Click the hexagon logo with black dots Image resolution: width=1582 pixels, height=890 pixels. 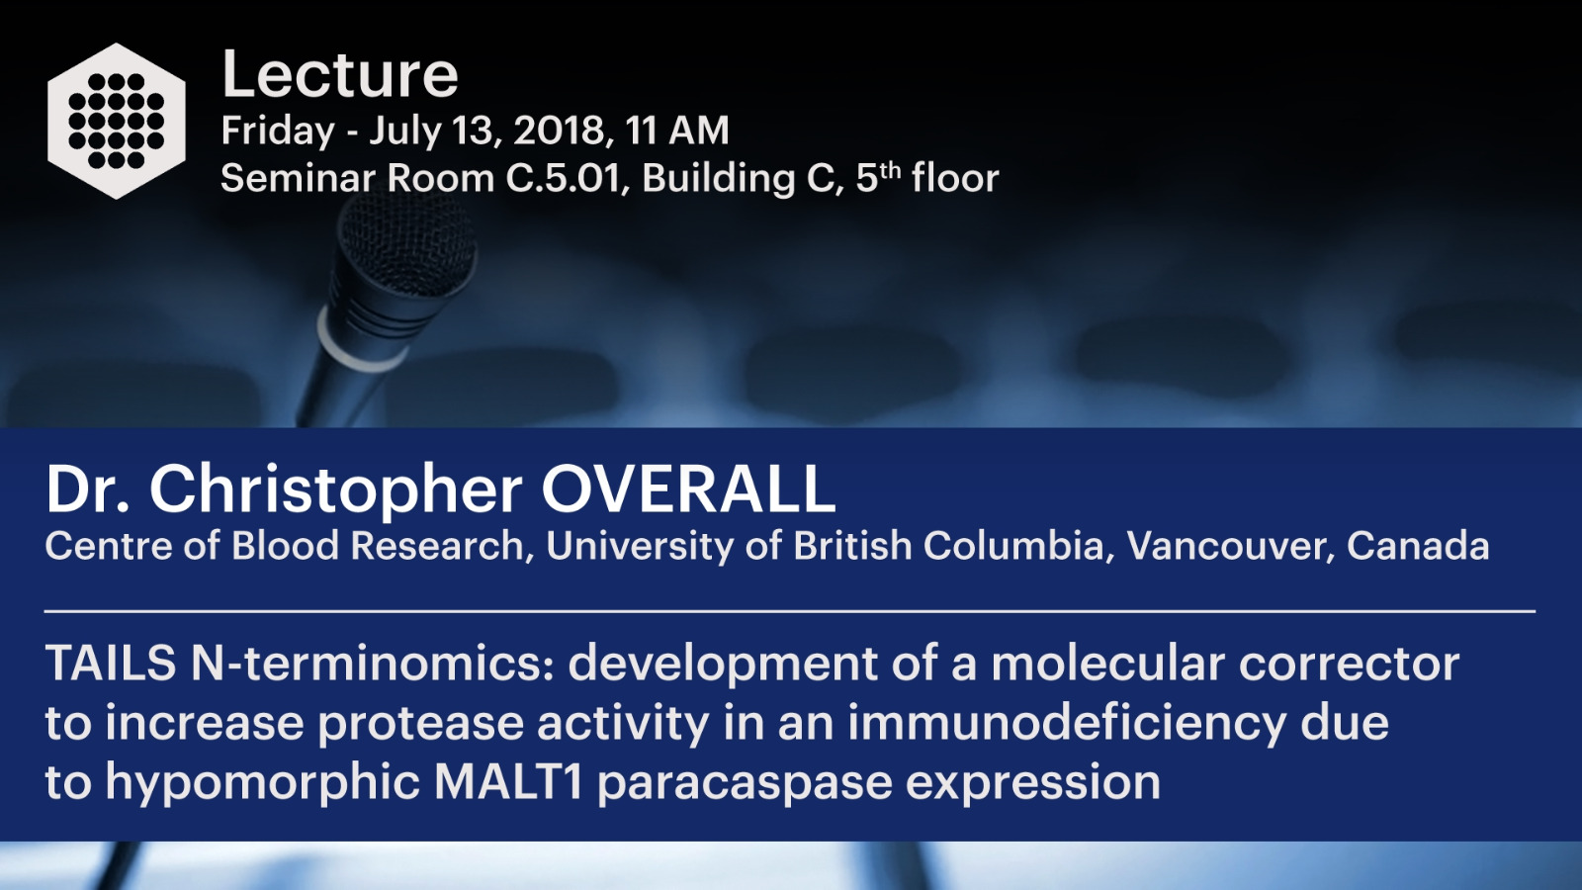point(117,121)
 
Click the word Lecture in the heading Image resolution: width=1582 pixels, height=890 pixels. point(340,75)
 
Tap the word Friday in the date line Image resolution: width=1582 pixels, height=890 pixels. point(278,132)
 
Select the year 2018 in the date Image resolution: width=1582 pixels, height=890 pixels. point(559,131)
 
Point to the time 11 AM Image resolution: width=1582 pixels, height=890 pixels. point(676,131)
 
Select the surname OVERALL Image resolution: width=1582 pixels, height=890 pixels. point(688,489)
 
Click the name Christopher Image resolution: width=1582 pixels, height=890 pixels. point(336,491)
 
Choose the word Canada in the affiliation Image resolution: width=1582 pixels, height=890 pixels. point(1418,545)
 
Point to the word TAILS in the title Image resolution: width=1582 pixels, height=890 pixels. point(111,664)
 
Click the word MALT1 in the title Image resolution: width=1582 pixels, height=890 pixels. point(508,782)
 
